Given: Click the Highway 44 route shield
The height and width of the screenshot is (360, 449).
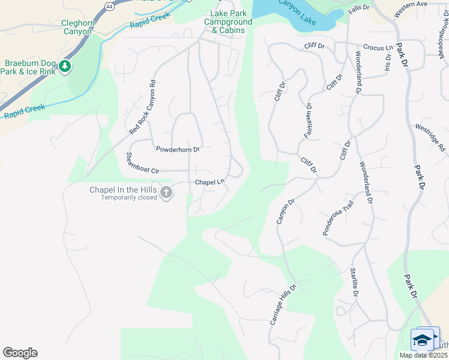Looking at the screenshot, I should coord(109,5).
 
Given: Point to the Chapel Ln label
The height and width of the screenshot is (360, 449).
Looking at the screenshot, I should coord(209,182).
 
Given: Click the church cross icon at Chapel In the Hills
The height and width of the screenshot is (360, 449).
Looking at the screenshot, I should coord(166,193).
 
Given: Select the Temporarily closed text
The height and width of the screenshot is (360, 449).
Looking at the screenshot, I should coord(128,197).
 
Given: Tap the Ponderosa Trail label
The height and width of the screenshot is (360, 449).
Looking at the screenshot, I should coord(339,217).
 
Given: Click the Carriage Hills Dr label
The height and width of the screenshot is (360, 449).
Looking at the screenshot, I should coord(283,305).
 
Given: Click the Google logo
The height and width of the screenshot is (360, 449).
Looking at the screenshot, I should coord(20,353).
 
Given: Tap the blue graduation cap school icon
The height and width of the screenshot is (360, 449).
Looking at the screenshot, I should coord(423,340).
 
